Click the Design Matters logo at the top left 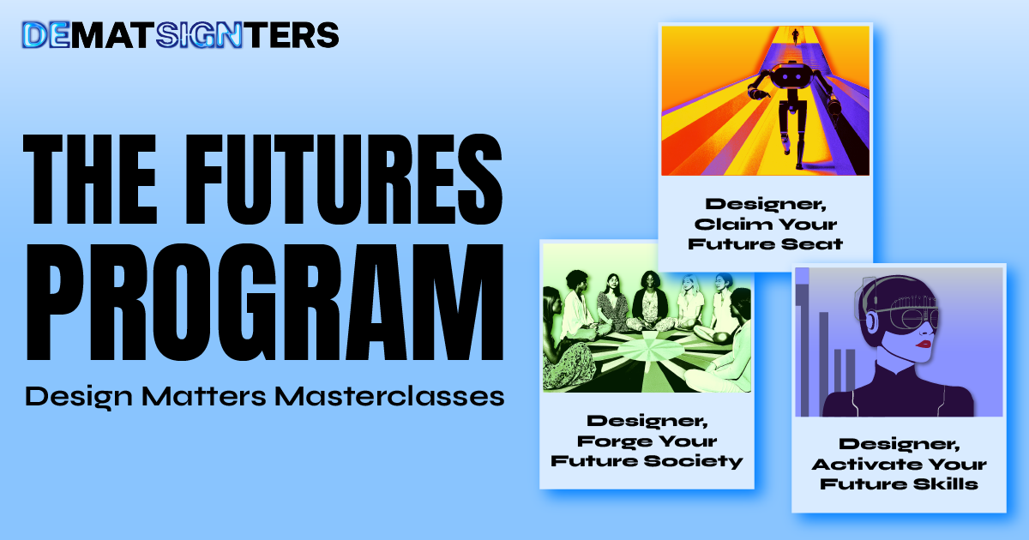(181, 35)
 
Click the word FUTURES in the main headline (344, 179)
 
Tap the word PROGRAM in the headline (265, 303)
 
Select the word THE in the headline (90, 179)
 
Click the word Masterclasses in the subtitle (389, 396)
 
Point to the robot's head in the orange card (790, 75)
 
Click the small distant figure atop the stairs (795, 36)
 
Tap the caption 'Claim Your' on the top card (765, 224)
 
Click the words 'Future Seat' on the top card (765, 243)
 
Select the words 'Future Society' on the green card (647, 460)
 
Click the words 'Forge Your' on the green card (647, 441)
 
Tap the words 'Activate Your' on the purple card (899, 465)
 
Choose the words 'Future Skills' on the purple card (899, 484)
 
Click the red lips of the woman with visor (923, 344)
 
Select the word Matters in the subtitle (203, 396)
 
